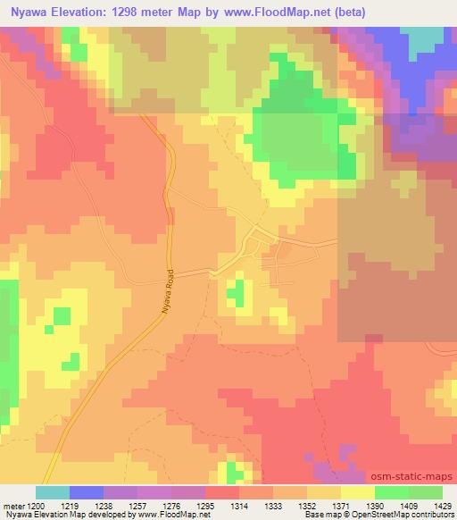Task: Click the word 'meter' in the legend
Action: pyautogui.click(x=13, y=504)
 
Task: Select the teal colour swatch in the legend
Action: pyautogui.click(x=52, y=492)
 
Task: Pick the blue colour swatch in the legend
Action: pyautogui.click(x=87, y=492)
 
